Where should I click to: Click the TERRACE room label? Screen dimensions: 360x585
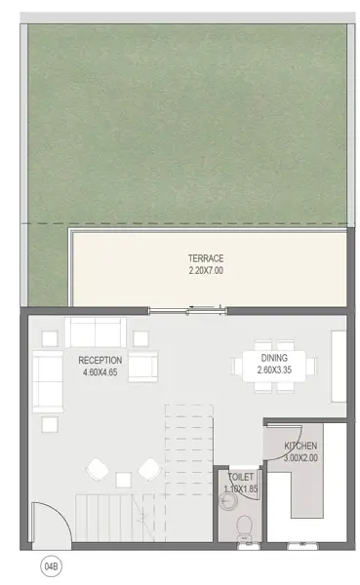pos(206,258)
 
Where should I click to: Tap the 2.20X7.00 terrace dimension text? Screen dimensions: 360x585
pos(206,270)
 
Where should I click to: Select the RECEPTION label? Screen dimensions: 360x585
pos(100,361)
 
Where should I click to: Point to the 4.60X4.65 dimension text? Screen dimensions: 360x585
pos(100,372)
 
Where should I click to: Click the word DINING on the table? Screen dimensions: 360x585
pos(274,358)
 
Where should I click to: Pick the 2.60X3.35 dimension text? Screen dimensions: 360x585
pos(274,370)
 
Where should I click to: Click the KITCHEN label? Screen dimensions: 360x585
pos(300,446)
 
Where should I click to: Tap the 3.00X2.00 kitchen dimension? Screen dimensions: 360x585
pos(300,458)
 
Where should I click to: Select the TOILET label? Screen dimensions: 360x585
pos(241,477)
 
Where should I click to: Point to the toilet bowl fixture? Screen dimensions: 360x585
pos(245,527)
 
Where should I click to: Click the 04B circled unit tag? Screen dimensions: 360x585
pos(51,566)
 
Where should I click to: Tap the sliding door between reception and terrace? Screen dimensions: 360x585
pos(188,310)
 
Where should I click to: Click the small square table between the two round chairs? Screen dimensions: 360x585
pos(123,480)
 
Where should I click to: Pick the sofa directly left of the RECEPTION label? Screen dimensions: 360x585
pos(48,381)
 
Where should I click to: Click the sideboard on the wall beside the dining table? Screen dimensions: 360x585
pos(339,367)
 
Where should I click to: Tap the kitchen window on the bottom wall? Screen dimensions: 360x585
pos(302,545)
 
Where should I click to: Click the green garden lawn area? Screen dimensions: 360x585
pos(186,123)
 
